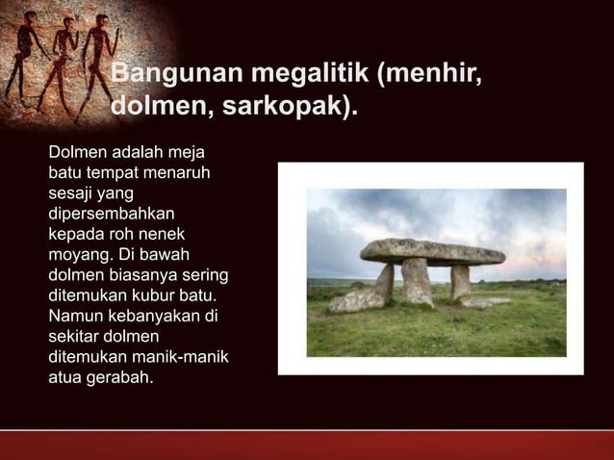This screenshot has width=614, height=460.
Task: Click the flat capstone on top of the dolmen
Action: coord(432,251)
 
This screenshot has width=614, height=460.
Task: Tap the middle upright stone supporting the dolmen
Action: coord(417,281)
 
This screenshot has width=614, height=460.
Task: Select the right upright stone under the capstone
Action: coord(461,281)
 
